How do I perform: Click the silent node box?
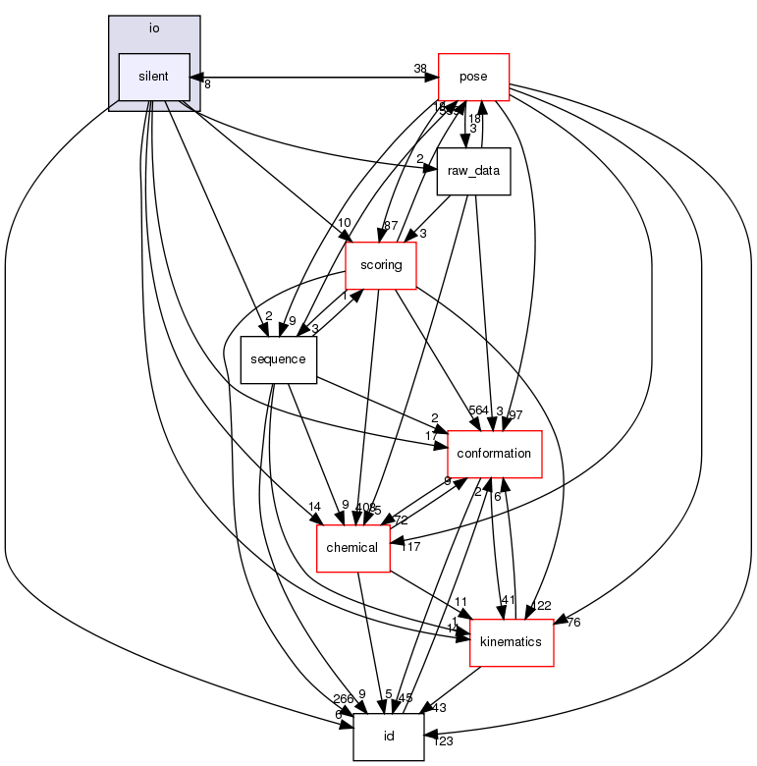pyautogui.click(x=154, y=77)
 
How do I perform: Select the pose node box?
pyautogui.click(x=473, y=77)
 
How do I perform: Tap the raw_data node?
pyautogui.click(x=473, y=171)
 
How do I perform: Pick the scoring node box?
pyautogui.click(x=381, y=265)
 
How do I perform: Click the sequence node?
pyautogui.click(x=279, y=359)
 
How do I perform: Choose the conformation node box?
pyautogui.click(x=496, y=454)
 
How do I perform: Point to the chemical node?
pyautogui.click(x=352, y=548)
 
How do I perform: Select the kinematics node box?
pyautogui.click(x=514, y=642)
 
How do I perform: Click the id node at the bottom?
pyautogui.click(x=389, y=737)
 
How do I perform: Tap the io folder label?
pyautogui.click(x=154, y=27)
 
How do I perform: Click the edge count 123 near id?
pyautogui.click(x=444, y=741)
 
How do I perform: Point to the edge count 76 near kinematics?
pyautogui.click(x=574, y=622)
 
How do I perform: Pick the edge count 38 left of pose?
pyautogui.click(x=420, y=70)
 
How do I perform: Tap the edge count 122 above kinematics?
pyautogui.click(x=542, y=606)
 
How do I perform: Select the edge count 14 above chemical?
pyautogui.click(x=314, y=507)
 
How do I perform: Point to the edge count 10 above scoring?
pyautogui.click(x=344, y=224)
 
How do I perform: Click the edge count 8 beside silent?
pyautogui.click(x=207, y=84)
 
